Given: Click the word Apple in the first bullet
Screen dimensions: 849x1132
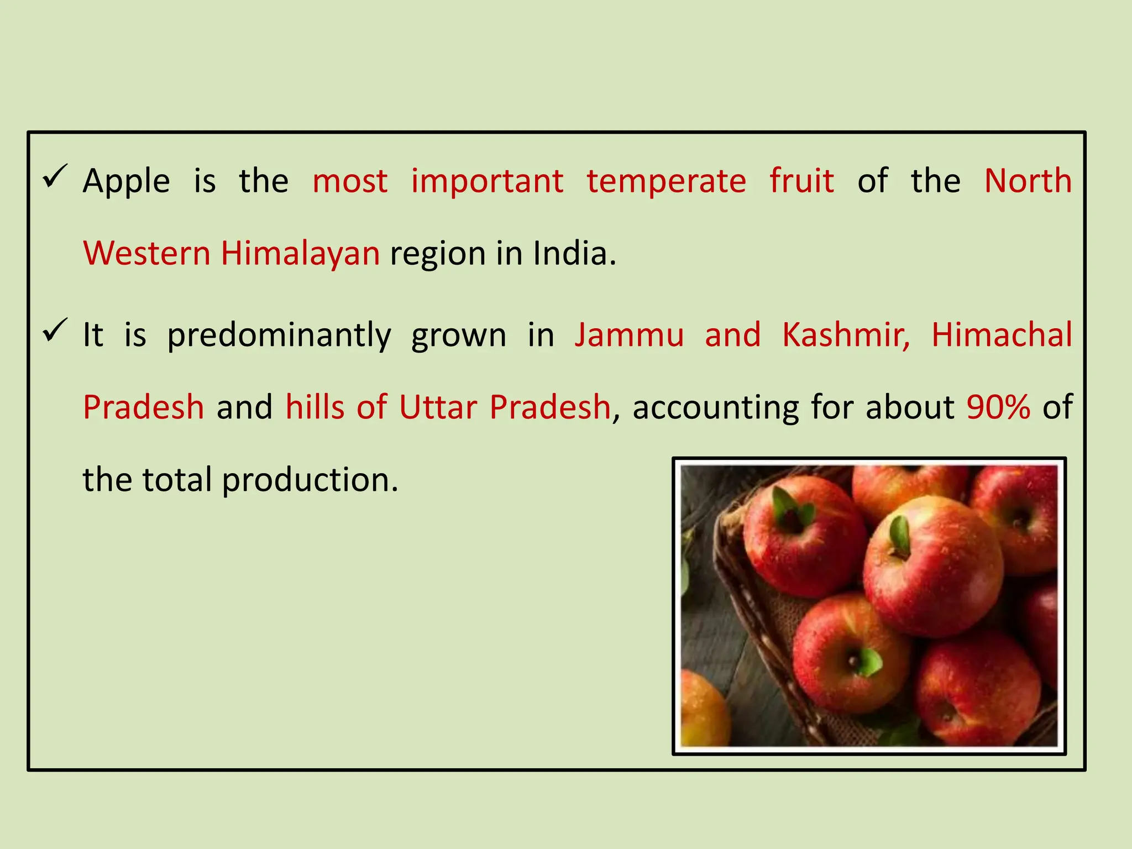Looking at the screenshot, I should pos(126,181).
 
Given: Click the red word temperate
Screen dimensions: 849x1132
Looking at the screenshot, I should pos(666,181).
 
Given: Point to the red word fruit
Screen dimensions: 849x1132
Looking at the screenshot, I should pos(801,181).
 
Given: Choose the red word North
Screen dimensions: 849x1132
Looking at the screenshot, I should pos(1028,181).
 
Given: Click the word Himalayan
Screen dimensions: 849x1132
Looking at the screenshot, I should pos(300,254).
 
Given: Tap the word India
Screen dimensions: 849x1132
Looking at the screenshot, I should pos(574,254).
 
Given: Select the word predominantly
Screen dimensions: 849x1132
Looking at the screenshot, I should pos(279,336).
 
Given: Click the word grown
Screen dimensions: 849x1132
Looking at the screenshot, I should pos(459,336).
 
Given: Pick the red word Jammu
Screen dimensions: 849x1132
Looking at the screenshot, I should pos(629,336).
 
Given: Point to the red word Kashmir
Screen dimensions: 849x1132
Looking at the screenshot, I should pos(846,336).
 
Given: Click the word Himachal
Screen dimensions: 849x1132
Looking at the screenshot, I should pos(1002,336).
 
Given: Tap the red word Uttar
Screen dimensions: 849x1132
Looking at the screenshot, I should pos(438,407).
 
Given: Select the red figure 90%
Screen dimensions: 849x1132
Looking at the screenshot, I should pos(998,407).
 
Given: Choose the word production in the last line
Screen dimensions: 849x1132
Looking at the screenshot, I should pos(310,480).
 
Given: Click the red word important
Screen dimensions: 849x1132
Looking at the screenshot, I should pos(487,181).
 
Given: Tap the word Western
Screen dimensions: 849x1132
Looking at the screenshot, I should pos(147,254).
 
